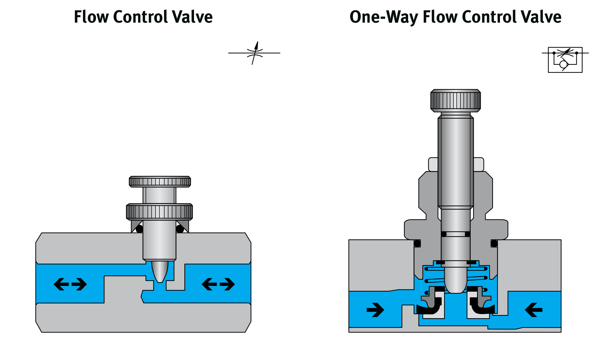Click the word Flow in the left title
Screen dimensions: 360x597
tap(91, 17)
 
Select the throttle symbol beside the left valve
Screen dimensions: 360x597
tap(255, 53)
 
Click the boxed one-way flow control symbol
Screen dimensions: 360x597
tap(565, 60)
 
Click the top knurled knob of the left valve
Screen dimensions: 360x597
tap(160, 182)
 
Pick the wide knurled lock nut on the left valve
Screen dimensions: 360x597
tap(159, 212)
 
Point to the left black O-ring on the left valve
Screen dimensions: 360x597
tap(139, 229)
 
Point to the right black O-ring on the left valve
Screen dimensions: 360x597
tap(180, 229)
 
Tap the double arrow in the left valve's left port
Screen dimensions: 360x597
tap(70, 284)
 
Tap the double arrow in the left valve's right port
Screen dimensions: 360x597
tap(218, 284)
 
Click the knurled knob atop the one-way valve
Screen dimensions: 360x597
tap(455, 101)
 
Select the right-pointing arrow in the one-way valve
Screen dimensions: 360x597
tap(375, 310)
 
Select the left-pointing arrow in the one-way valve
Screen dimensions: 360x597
tap(534, 310)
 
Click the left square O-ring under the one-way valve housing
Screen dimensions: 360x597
tap(417, 243)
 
